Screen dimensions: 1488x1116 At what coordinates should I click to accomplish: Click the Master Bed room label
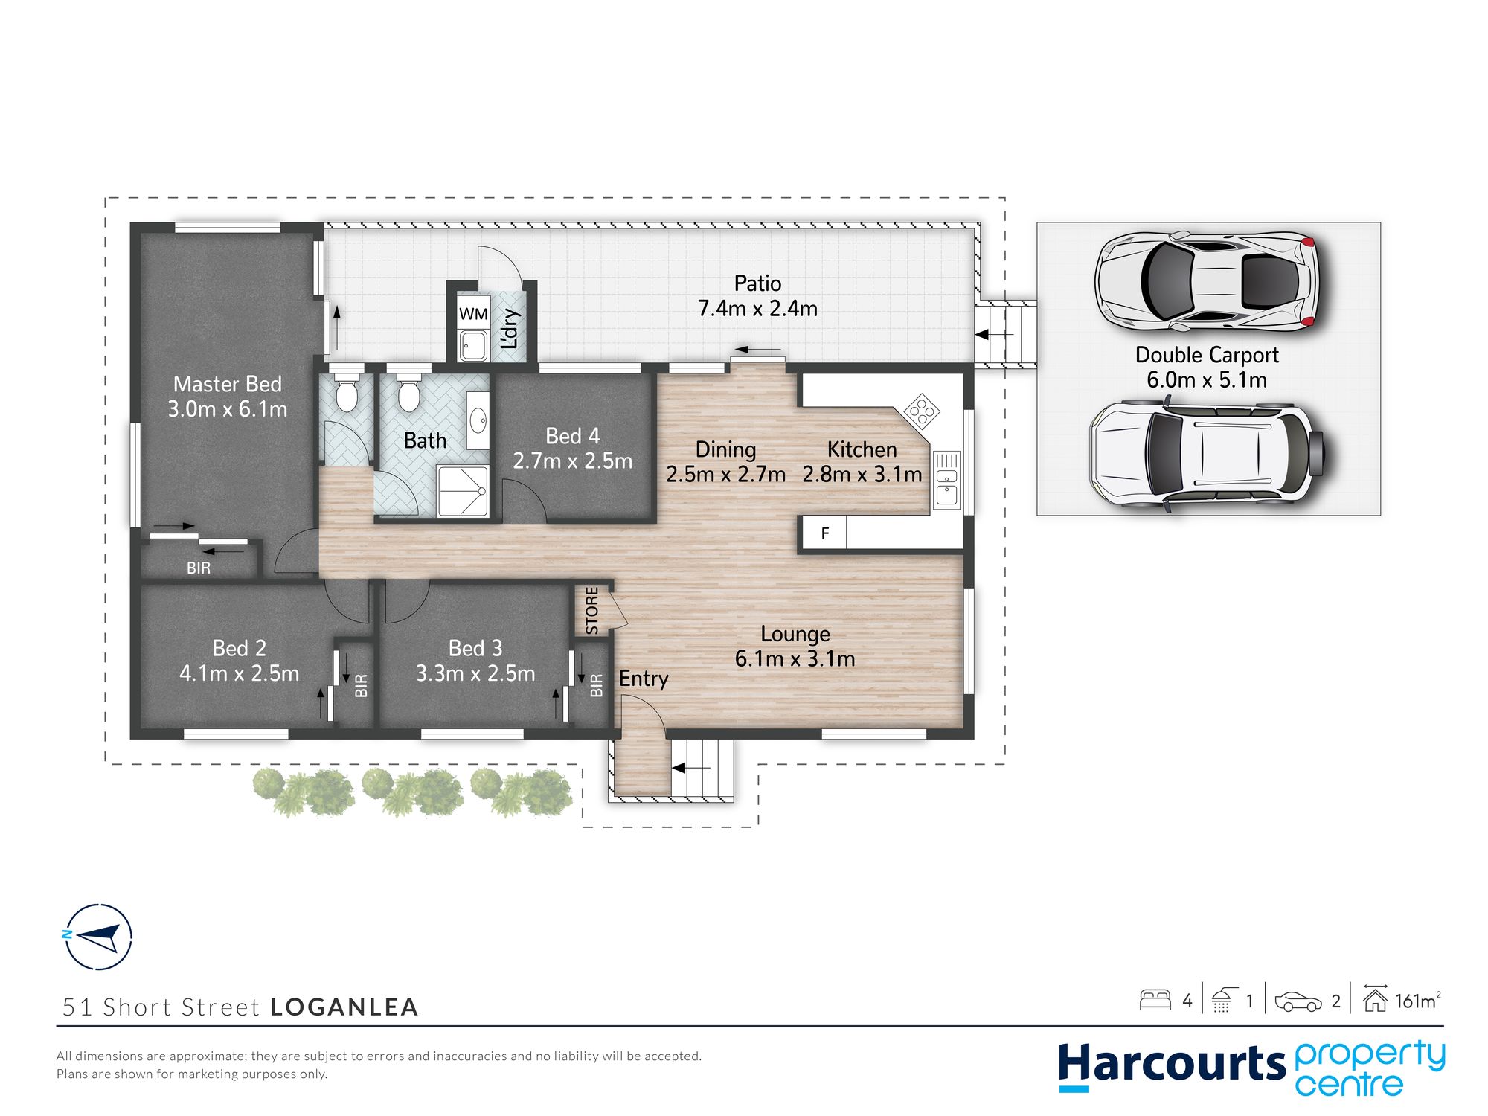click(228, 384)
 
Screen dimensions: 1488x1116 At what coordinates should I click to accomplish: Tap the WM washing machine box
click(473, 313)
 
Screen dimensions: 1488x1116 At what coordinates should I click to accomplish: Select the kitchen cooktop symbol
click(922, 411)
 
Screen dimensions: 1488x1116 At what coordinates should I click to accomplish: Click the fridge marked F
click(824, 533)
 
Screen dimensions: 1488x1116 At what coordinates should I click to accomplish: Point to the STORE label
click(591, 611)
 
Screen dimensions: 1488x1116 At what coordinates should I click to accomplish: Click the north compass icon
click(97, 937)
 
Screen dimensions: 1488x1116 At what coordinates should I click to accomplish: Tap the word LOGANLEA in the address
click(344, 1007)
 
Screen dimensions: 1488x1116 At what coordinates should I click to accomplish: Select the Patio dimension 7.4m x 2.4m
click(757, 308)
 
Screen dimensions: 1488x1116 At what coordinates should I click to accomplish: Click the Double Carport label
click(1207, 355)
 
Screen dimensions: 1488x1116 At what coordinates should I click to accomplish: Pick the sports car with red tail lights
click(1206, 281)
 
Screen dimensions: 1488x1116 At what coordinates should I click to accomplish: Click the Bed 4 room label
click(572, 436)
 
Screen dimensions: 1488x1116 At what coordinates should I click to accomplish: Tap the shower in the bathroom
click(463, 490)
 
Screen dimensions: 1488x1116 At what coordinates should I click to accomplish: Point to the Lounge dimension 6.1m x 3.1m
click(795, 658)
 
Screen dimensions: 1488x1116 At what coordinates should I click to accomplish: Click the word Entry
click(644, 679)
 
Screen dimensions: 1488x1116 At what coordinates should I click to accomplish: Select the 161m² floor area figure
click(1417, 1001)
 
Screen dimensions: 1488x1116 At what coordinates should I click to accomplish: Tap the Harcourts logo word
click(1172, 1063)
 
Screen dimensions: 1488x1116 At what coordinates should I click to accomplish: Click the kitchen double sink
click(946, 478)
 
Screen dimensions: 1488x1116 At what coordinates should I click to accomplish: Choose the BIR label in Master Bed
click(199, 568)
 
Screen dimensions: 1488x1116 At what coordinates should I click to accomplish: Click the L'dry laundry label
click(510, 329)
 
